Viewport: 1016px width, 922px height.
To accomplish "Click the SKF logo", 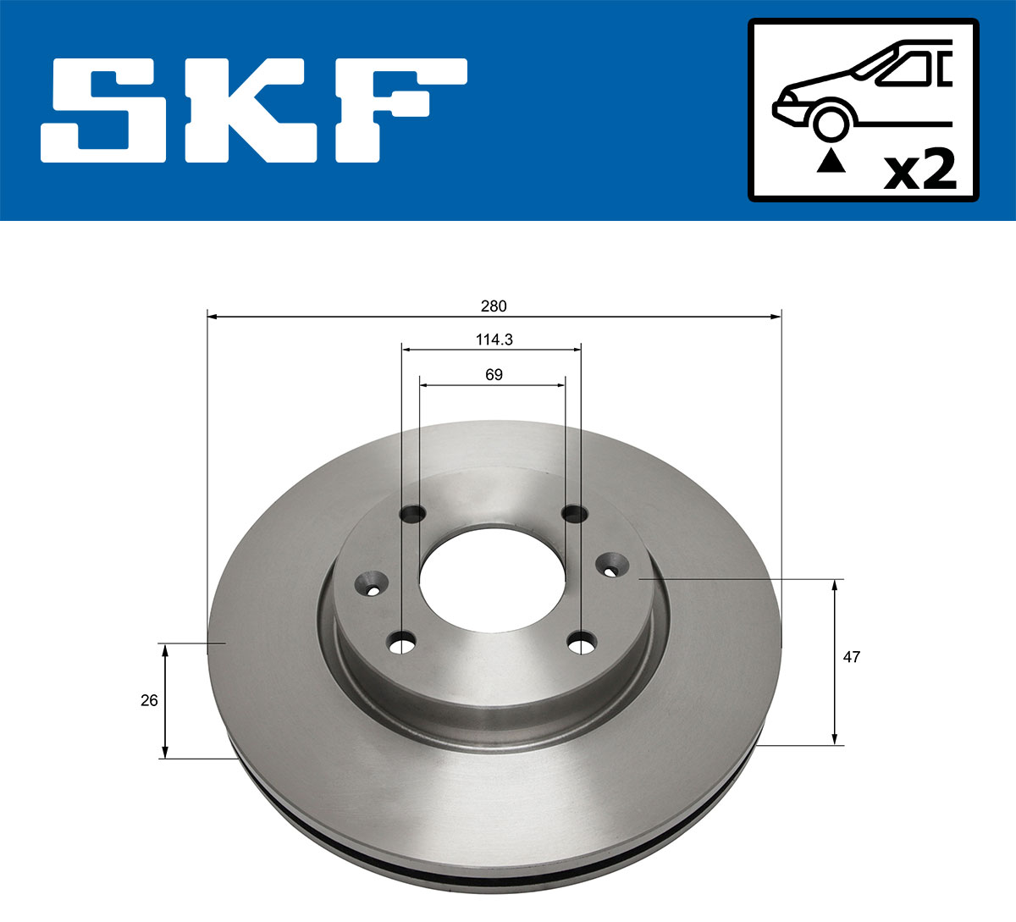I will coord(254,110).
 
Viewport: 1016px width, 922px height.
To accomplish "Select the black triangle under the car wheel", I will coord(831,160).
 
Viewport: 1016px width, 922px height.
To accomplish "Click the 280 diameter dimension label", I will coord(494,306).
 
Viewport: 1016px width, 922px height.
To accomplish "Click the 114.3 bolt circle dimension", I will coord(494,340).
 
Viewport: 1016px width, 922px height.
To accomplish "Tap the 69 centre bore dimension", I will coord(494,374).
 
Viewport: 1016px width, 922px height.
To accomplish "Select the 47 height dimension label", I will coord(852,656).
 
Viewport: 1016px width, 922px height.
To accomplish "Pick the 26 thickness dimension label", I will coord(149,700).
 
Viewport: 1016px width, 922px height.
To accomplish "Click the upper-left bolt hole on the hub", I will coord(413,513).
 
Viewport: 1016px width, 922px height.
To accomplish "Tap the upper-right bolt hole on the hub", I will coord(575,513).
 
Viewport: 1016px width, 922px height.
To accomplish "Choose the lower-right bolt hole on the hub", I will coord(582,644).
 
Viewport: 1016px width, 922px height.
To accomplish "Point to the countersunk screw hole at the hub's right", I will coord(611,562).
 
